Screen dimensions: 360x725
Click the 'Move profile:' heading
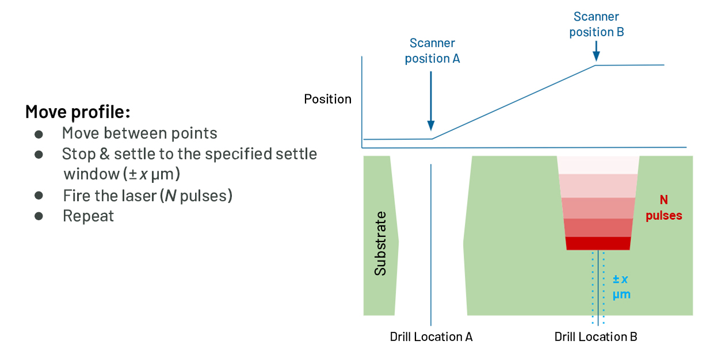tap(77, 111)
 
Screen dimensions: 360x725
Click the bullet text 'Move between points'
tap(139, 133)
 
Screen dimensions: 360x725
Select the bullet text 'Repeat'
tap(88, 216)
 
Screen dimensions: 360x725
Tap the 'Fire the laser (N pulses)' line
tap(147, 196)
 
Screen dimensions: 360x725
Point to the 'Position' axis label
tap(327, 99)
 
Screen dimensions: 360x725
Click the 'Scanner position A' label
tap(432, 51)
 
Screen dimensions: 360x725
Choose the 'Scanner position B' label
tap(596, 25)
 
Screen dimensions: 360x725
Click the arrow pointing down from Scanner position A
tap(431, 104)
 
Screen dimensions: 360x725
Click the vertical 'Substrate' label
tap(380, 243)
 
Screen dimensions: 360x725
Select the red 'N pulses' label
tap(663, 208)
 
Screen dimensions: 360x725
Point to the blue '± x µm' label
tap(620, 286)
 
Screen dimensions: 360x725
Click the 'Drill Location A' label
tap(431, 337)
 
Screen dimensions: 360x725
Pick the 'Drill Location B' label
tap(596, 337)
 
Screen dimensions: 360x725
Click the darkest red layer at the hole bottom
tap(598, 243)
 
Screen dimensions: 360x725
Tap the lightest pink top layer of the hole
tap(598, 164)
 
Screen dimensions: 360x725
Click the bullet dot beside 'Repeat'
tap(39, 216)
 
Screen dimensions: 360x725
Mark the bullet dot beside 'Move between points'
tap(39, 134)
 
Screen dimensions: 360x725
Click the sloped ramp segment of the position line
tap(513, 102)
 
